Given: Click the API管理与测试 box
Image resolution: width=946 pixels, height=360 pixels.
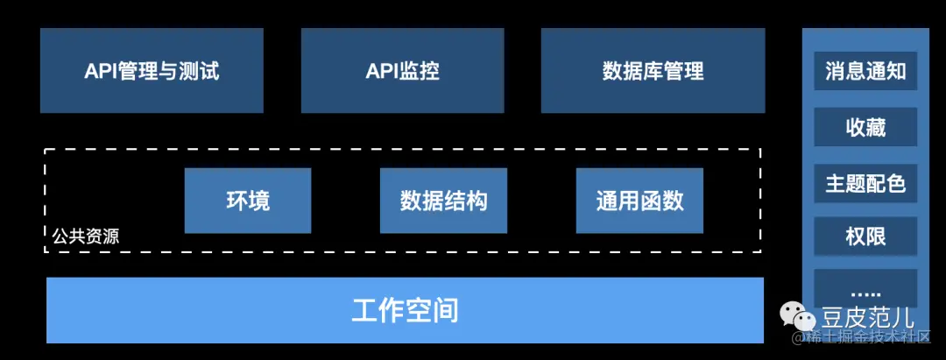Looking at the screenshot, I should click(152, 71).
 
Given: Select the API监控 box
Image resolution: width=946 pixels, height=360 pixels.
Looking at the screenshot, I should click(402, 71).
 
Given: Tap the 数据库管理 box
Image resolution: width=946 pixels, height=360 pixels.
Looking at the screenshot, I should click(653, 71).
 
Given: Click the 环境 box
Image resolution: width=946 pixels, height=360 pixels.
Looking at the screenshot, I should click(248, 201).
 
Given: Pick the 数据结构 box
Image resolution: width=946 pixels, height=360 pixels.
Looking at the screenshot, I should click(443, 201).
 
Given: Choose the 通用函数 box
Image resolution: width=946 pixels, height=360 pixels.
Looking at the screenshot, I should click(639, 201).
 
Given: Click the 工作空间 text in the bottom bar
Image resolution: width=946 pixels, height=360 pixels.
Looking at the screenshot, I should click(405, 310).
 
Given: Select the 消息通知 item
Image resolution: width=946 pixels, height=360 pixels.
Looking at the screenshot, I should click(865, 71).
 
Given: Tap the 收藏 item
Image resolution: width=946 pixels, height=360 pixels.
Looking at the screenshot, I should click(865, 128).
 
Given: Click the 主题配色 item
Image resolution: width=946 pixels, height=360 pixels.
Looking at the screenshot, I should click(865, 184).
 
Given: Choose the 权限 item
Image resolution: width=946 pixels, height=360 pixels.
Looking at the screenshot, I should click(865, 236).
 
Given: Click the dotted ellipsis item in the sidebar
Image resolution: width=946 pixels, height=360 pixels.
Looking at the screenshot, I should click(865, 291).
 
